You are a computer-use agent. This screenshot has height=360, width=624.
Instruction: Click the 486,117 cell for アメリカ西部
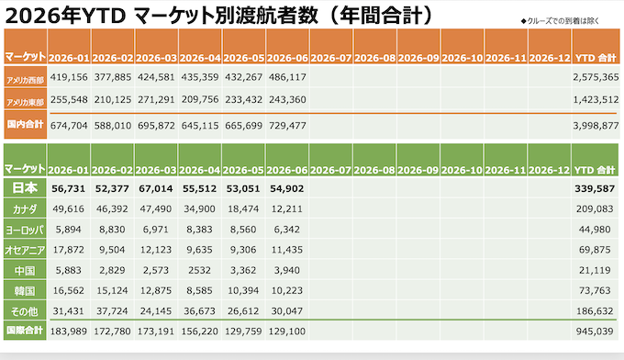pos(287,77)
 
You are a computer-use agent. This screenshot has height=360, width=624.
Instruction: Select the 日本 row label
pos(25,188)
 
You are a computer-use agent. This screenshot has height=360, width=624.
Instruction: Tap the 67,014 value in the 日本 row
pos(156,188)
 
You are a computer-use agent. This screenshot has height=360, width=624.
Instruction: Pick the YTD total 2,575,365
pos(596,77)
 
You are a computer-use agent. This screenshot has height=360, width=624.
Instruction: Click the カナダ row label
pos(25,209)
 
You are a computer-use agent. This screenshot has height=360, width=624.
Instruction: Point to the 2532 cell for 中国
pos(199,270)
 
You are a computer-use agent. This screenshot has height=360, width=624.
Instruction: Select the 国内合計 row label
pos(25,124)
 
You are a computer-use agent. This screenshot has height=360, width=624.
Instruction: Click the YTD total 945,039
pos(595,331)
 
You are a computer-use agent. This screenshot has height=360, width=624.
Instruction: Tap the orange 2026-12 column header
pos(550,58)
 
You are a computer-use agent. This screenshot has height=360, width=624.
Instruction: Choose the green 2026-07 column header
pos(330,170)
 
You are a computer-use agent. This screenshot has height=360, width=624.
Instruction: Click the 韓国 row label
pos(25,291)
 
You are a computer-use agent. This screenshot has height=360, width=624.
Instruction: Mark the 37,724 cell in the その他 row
pos(112,310)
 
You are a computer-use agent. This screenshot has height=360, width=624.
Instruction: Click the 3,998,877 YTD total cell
pos(596,126)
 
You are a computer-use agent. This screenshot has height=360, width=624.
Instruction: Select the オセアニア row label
pos(25,250)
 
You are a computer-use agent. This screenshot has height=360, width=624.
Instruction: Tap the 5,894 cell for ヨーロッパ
pos(69,230)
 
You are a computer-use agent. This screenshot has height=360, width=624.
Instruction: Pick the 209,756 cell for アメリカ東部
pos(200,99)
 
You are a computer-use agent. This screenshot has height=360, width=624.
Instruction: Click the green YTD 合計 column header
pos(595,170)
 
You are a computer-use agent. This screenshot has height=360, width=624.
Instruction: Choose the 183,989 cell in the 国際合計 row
pos(69,331)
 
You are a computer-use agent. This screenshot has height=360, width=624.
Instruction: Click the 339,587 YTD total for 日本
pos(595,188)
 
